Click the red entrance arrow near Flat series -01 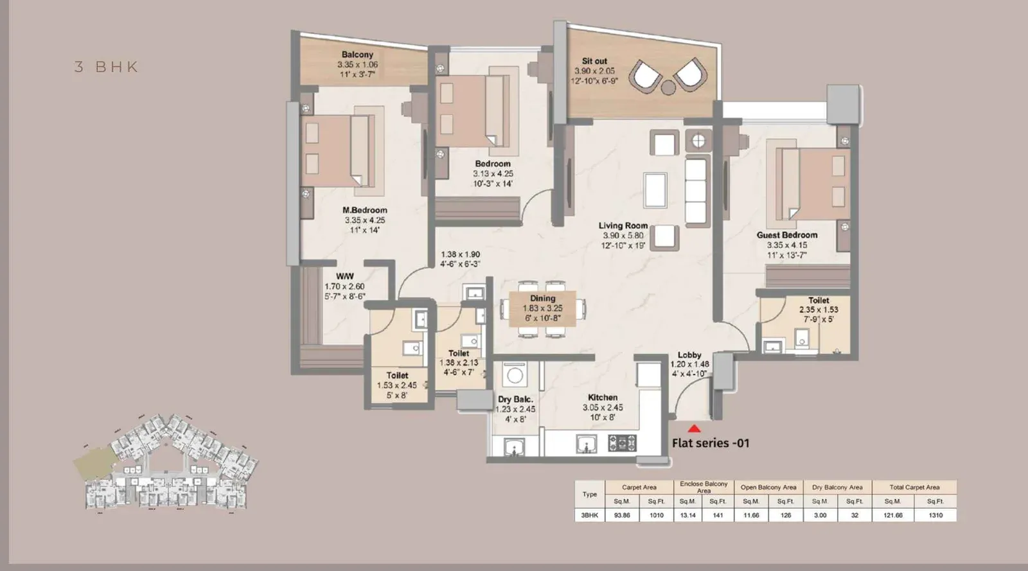694,428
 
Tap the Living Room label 623,225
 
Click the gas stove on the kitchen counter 622,443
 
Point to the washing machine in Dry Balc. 515,374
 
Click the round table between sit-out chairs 669,87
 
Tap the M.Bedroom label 364,210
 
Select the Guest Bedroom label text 786,235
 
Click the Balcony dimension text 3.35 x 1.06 357,65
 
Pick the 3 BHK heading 107,67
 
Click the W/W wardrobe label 345,276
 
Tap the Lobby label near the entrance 689,355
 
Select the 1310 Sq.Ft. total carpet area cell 935,515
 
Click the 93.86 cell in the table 621,515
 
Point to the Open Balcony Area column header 768,487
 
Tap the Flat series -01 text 710,443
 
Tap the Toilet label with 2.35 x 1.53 818,300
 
